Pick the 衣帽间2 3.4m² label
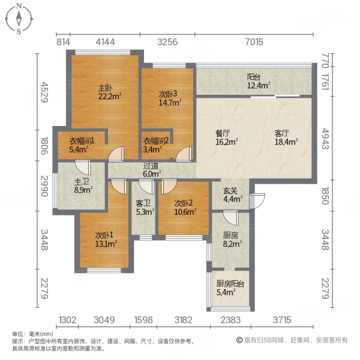point(155,146)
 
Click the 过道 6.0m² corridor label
point(151,170)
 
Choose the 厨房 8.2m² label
point(230,239)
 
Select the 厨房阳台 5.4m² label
point(230,288)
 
